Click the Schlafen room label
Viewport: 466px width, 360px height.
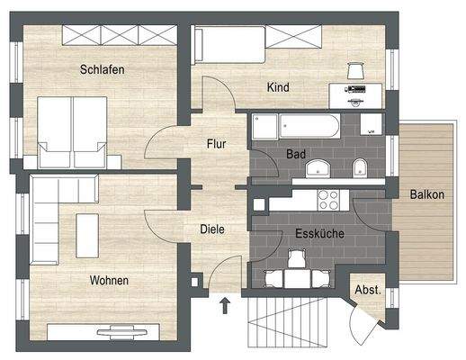coord(101,69)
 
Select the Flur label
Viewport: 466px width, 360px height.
coord(216,142)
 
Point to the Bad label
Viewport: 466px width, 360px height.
coord(296,154)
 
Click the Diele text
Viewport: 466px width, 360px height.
coord(211,229)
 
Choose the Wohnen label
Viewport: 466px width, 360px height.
coord(109,281)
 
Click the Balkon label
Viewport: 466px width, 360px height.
coord(426,194)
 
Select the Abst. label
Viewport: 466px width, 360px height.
coord(369,291)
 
